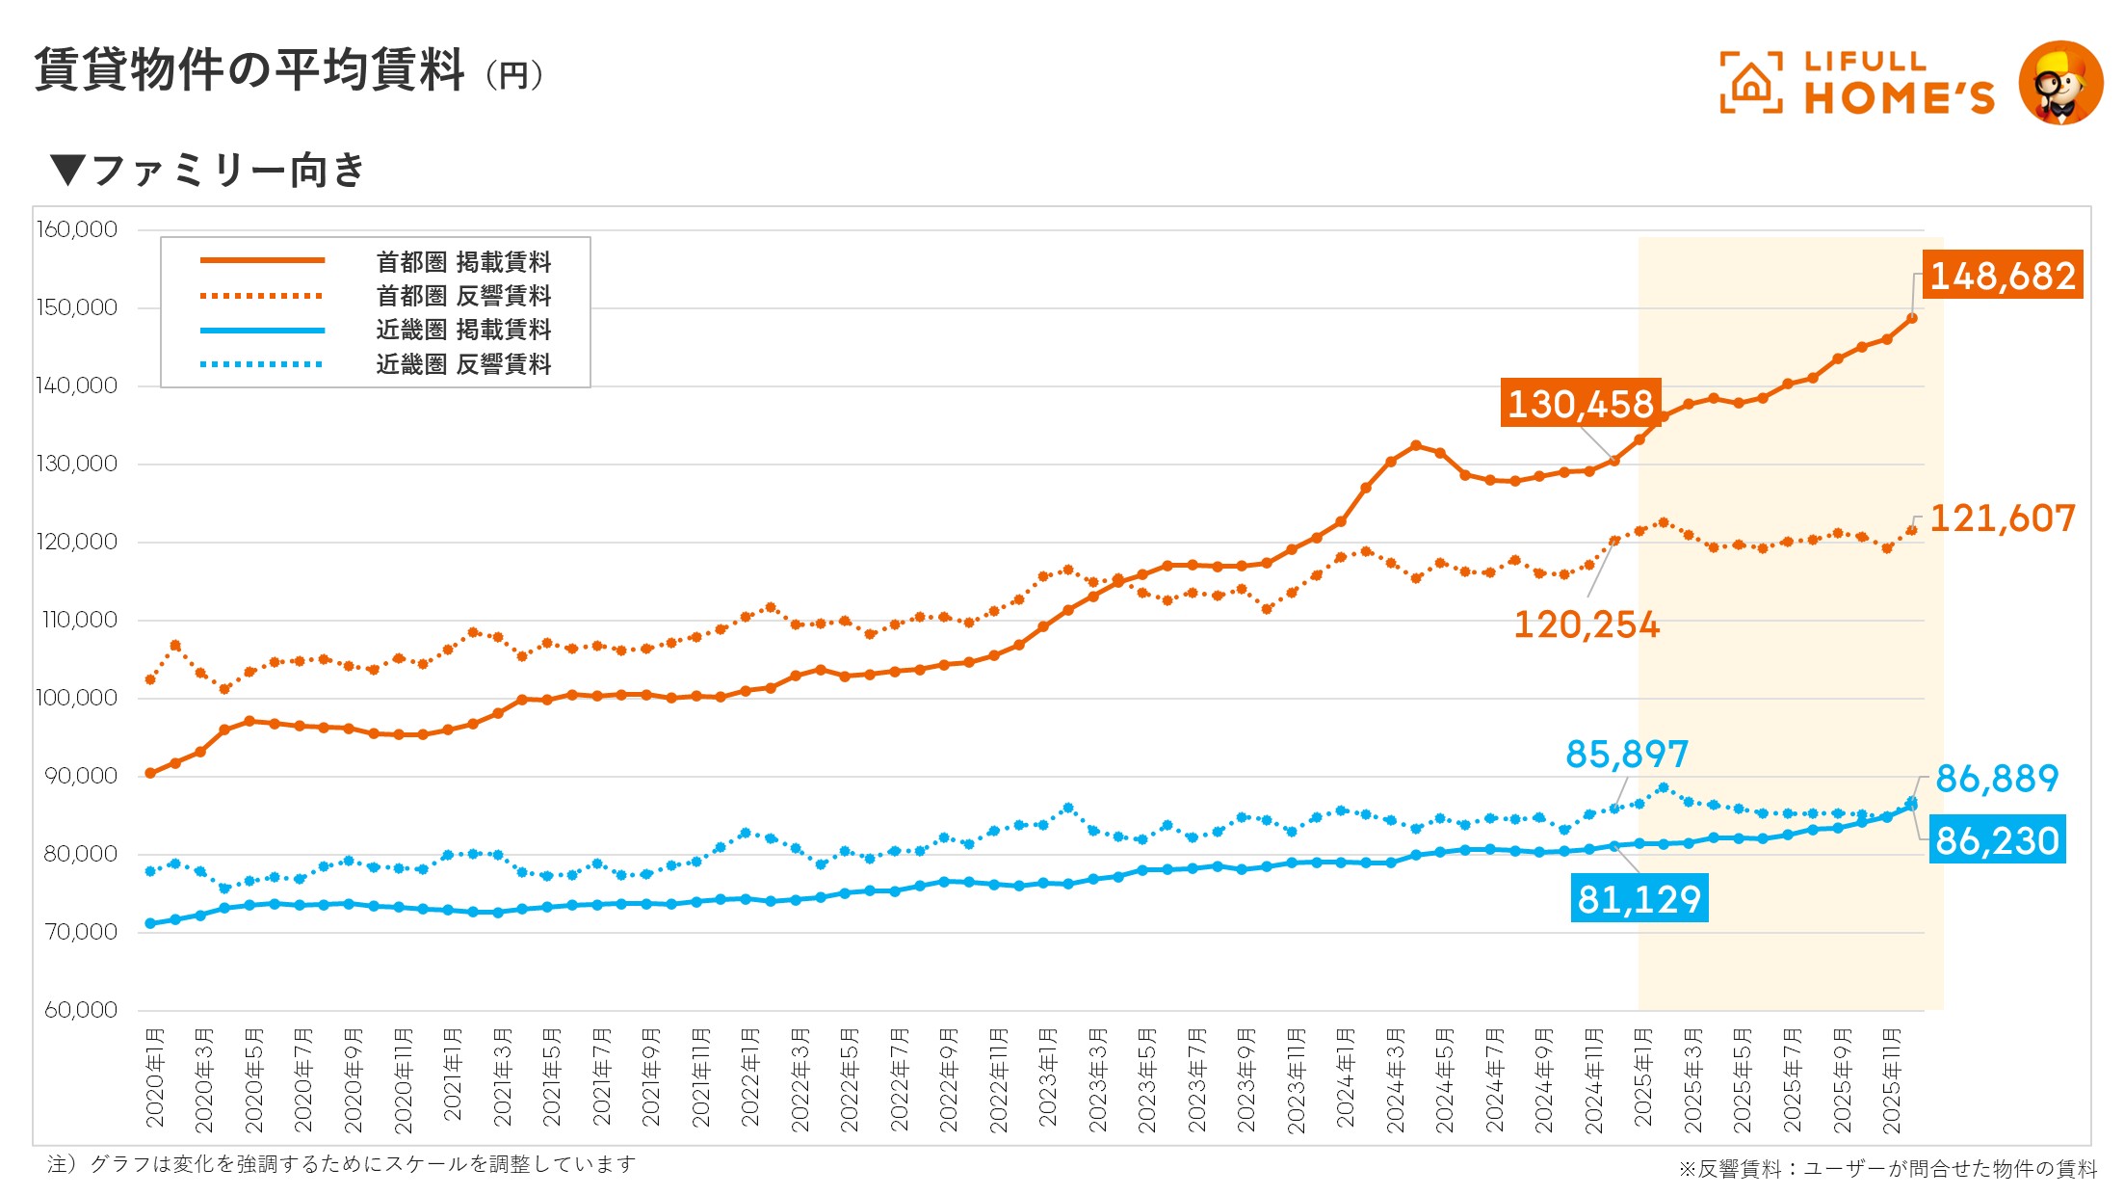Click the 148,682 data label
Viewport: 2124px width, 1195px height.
2002,276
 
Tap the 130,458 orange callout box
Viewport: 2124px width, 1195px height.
1580,403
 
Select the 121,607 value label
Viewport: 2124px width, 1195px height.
2002,518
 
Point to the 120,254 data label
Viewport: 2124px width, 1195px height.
1586,624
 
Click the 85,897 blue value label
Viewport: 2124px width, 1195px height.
1627,754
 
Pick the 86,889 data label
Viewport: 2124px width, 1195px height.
1997,778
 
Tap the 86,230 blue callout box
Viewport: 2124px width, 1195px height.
1997,840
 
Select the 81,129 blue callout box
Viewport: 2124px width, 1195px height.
1639,898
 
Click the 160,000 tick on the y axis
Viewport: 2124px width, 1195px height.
77,229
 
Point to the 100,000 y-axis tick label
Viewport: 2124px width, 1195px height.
77,698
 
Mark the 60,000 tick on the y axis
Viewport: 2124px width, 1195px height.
81,1010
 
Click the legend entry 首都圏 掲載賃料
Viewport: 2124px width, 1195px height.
463,262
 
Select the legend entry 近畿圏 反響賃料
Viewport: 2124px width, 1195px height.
463,364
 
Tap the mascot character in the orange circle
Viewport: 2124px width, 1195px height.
2060,84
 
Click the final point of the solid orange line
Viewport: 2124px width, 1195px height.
1912,318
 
